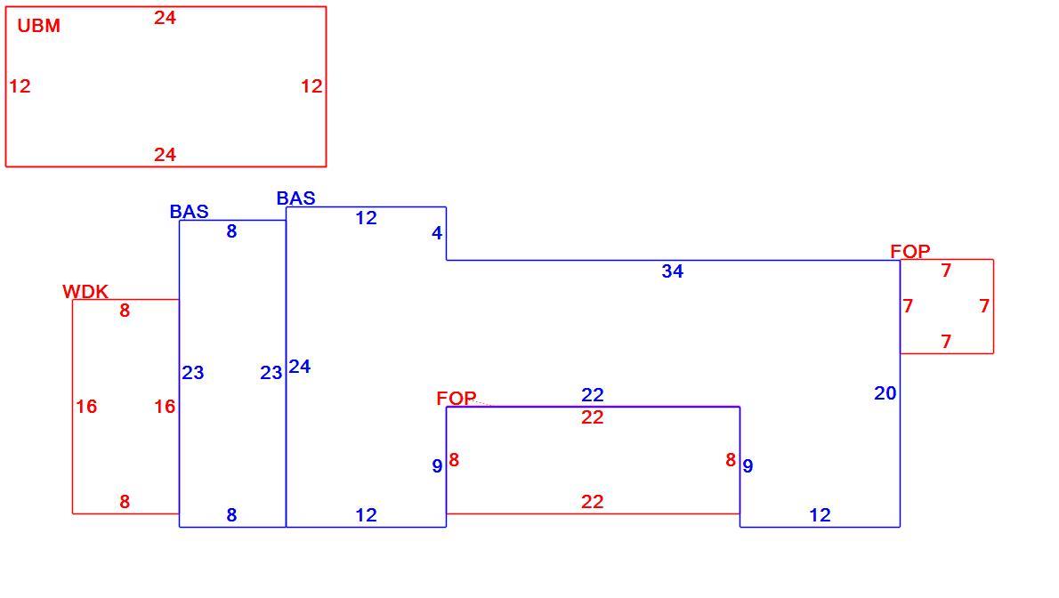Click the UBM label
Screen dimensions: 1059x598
pyautogui.click(x=38, y=26)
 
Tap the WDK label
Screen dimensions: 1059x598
pyautogui.click(x=85, y=291)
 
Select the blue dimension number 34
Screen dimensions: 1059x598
pyautogui.click(x=672, y=271)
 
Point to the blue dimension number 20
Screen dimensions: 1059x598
pyautogui.click(x=885, y=392)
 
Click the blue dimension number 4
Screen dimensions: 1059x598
pyautogui.click(x=437, y=233)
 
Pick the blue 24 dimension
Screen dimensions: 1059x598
pyautogui.click(x=299, y=367)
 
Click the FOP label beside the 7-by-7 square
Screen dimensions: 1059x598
pyautogui.click(x=909, y=251)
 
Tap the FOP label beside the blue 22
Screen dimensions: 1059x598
pyautogui.click(x=456, y=398)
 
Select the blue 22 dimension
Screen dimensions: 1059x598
pyautogui.click(x=593, y=394)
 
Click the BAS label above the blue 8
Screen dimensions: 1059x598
pyautogui.click(x=189, y=212)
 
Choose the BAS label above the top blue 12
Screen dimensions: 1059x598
pyautogui.click(x=295, y=198)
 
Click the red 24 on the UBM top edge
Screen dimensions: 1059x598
pyautogui.click(x=165, y=18)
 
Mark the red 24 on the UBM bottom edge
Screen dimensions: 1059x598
pyautogui.click(x=165, y=155)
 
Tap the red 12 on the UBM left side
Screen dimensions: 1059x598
pyautogui.click(x=20, y=85)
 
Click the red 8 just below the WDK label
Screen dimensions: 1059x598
pyautogui.click(x=125, y=311)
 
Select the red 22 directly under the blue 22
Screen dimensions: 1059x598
pyautogui.click(x=593, y=417)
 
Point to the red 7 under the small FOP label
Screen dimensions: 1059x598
pyautogui.click(x=946, y=271)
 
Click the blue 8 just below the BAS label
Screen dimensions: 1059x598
pyautogui.click(x=231, y=231)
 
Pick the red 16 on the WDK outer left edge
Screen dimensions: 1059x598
pyautogui.click(x=85, y=406)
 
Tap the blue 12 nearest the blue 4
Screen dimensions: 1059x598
pyautogui.click(x=366, y=218)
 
